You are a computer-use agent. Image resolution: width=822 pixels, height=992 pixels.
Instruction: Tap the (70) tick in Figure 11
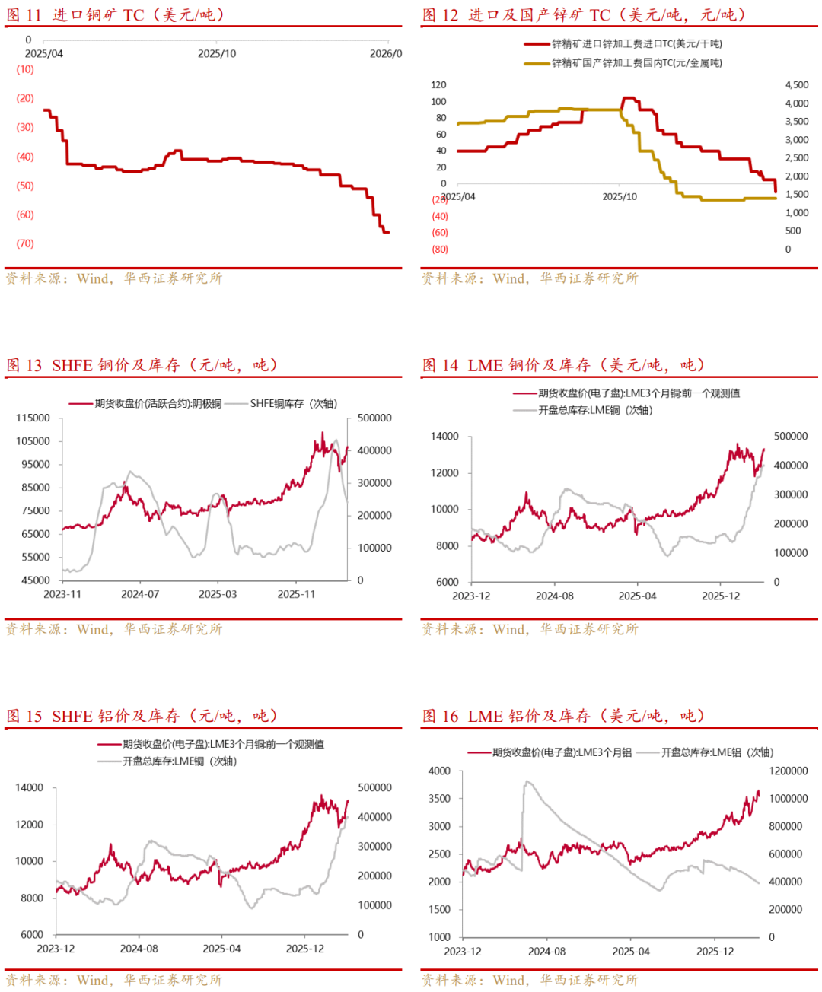point(25,243)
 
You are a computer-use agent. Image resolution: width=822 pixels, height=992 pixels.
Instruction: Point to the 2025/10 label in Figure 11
point(217,53)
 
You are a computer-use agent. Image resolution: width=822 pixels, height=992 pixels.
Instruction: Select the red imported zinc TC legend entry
point(636,44)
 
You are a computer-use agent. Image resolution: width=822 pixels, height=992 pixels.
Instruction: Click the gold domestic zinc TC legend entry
point(636,63)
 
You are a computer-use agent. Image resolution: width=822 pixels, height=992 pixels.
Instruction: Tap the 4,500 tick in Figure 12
point(797,84)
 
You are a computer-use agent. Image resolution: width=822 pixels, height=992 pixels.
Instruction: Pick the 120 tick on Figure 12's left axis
point(438,84)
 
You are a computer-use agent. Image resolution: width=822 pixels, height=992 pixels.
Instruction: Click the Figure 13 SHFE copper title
point(142,365)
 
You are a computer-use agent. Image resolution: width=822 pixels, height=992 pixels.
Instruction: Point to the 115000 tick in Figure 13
point(33,418)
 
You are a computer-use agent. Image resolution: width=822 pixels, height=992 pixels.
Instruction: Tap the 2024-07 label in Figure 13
point(140,594)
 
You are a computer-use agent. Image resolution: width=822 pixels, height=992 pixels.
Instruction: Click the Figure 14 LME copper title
point(563,365)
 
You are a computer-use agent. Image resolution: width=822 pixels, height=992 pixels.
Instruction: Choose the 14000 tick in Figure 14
point(444,436)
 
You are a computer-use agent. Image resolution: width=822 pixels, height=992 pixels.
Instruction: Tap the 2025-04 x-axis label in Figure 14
point(637,596)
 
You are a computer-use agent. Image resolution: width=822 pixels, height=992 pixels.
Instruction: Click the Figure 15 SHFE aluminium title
point(142,716)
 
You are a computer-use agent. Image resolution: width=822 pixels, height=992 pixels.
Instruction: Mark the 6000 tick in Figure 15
point(31,934)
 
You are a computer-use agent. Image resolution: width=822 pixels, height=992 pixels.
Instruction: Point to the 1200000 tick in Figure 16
point(788,771)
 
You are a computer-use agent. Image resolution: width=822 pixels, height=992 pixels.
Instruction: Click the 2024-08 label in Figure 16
point(546,952)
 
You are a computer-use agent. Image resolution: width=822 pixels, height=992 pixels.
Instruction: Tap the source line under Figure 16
point(530,980)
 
